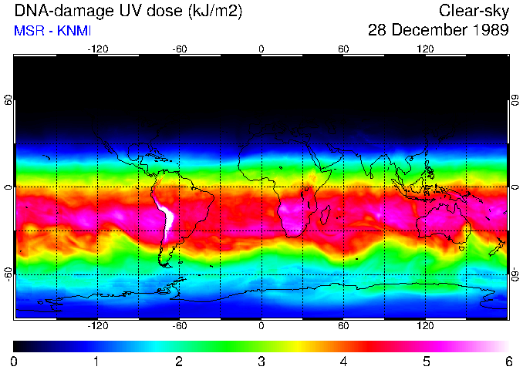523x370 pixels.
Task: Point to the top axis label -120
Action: (x=97, y=49)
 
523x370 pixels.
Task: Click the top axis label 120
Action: (x=425, y=49)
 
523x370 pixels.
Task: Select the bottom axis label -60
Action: (x=179, y=325)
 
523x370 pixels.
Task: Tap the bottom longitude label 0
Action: (x=261, y=325)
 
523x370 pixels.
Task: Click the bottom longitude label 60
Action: (x=343, y=325)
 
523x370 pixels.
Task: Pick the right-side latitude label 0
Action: (x=515, y=187)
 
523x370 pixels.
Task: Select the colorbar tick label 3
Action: (x=261, y=361)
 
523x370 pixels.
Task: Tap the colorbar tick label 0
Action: (x=15, y=361)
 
